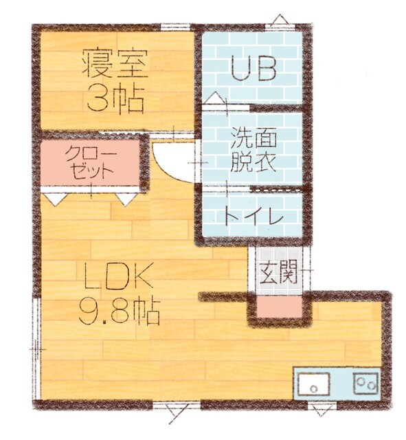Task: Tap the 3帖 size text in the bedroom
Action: [x=115, y=99]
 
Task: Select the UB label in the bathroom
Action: [x=253, y=68]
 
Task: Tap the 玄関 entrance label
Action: [x=278, y=273]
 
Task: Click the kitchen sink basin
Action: [x=315, y=384]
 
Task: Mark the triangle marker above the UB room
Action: [x=280, y=19]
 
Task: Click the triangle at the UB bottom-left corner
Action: [x=215, y=98]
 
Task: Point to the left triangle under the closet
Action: [x=54, y=199]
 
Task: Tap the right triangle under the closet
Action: [x=124, y=199]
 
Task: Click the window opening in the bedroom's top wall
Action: [x=175, y=27]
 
